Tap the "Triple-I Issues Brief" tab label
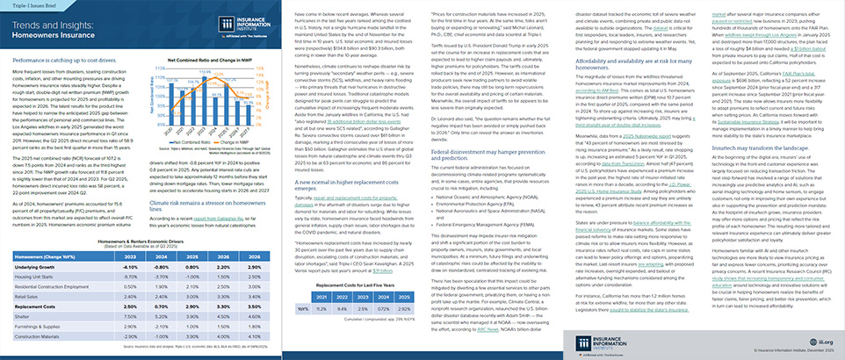pos(30,7)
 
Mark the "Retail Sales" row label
pos(36,298)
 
